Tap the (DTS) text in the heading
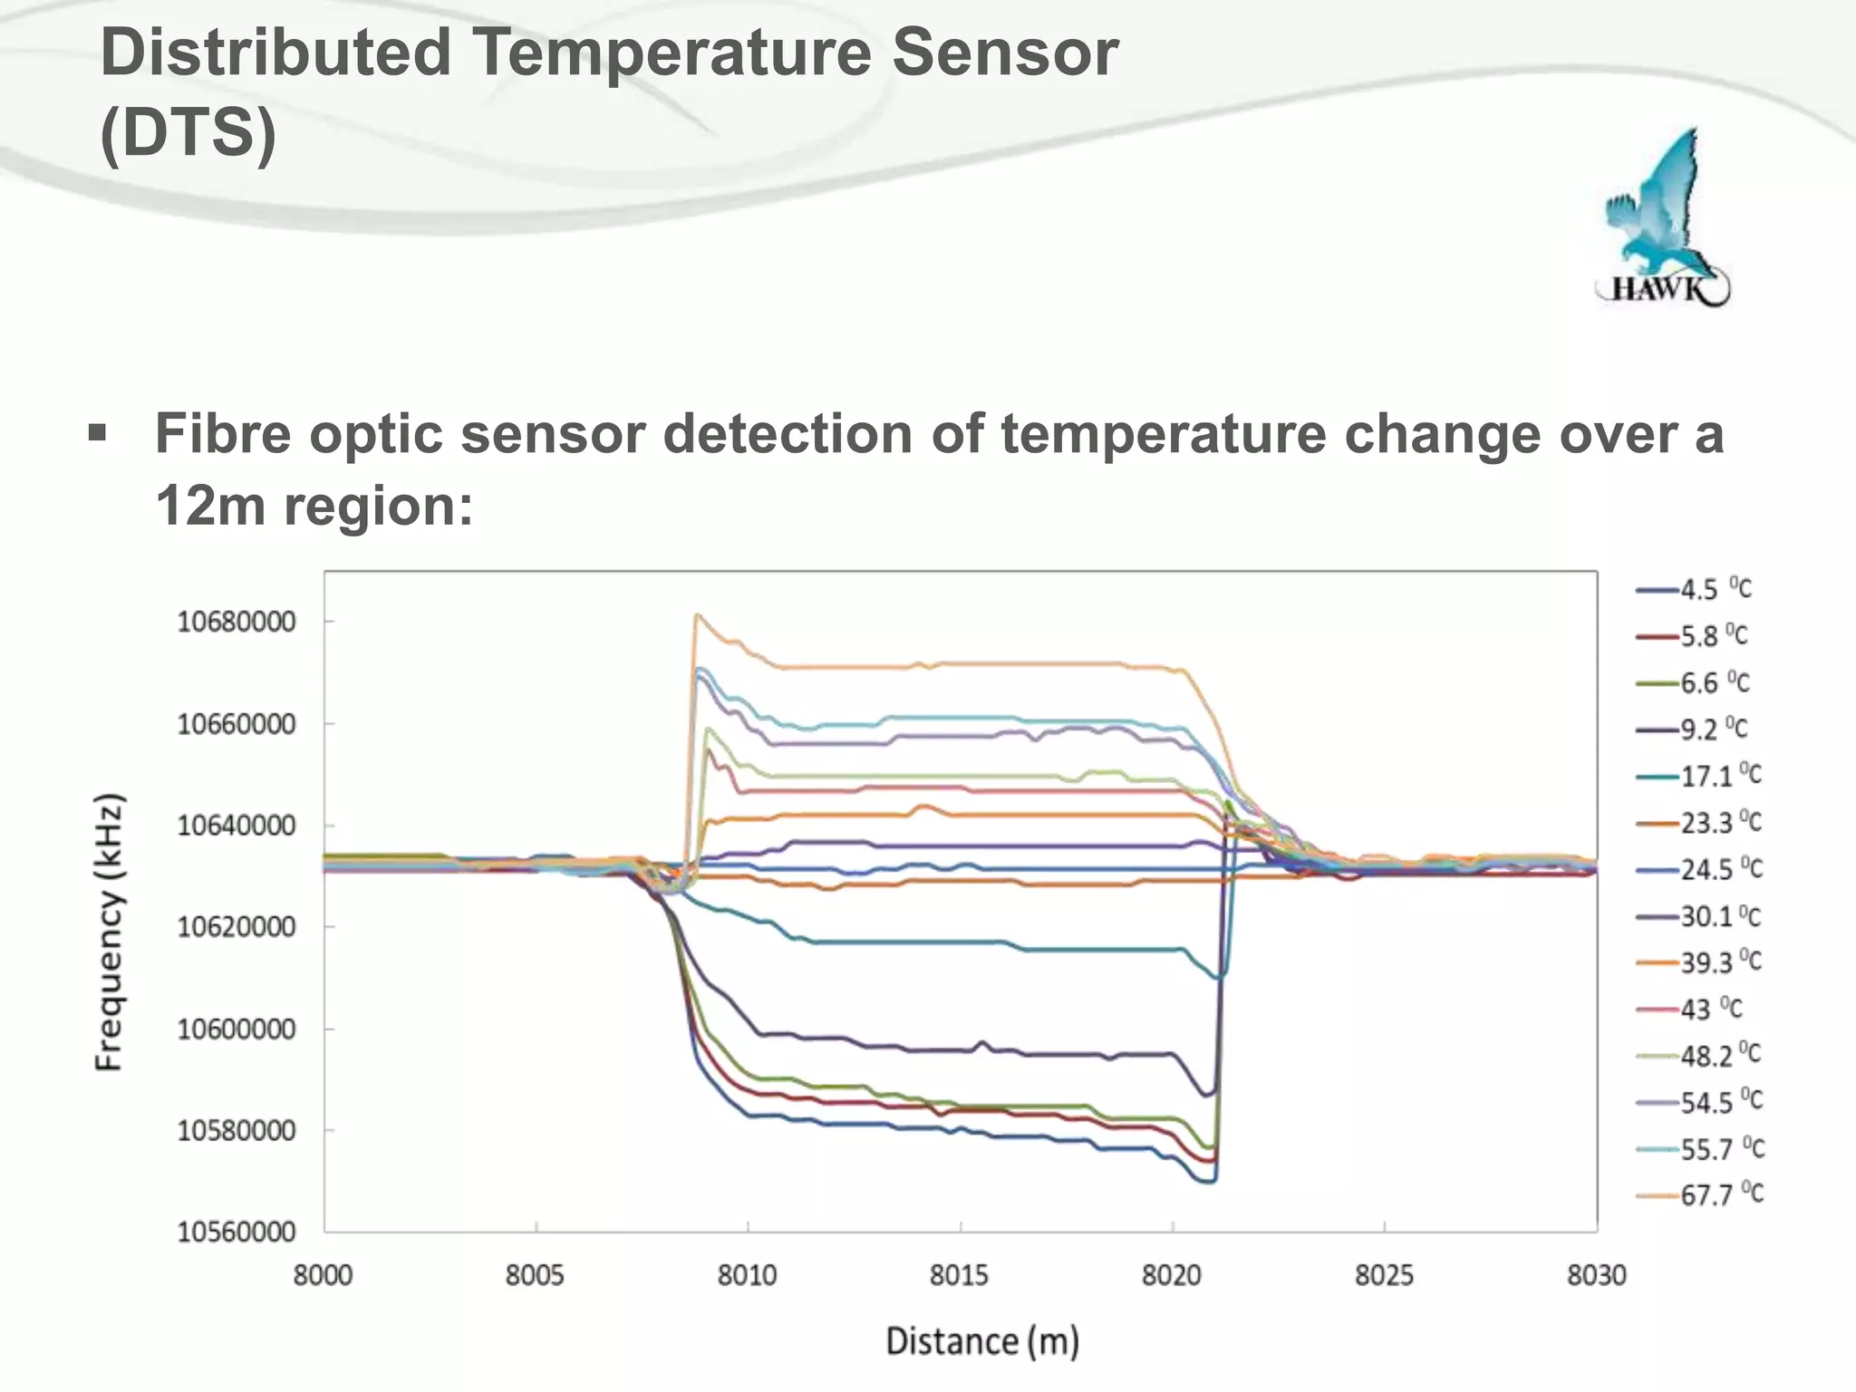tap(188, 133)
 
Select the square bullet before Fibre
tap(97, 433)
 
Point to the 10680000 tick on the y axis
tap(237, 622)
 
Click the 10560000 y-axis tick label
tap(237, 1232)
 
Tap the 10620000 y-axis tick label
tap(237, 927)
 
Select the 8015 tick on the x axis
tap(960, 1275)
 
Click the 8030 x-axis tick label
tap(1597, 1275)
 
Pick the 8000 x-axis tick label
tap(324, 1275)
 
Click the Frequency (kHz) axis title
tap(109, 933)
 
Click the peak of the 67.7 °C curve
tap(696, 615)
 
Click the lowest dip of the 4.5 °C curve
tap(1209, 1181)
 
